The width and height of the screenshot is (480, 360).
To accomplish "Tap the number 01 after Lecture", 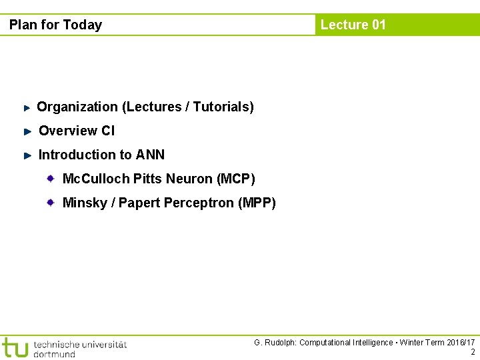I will [378, 25].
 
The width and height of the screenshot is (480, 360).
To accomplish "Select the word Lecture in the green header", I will [345, 25].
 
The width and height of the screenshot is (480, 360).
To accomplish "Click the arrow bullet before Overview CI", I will [27, 131].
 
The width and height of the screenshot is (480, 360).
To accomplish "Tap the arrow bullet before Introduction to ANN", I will [27, 155].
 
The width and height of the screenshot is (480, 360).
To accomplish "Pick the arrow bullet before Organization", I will [27, 107].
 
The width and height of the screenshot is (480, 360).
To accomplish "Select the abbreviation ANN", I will [150, 155].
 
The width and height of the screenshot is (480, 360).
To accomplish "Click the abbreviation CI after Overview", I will [108, 131].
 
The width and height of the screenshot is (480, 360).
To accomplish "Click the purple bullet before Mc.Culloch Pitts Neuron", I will [51, 178].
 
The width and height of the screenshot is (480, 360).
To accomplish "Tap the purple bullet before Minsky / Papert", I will [51, 202].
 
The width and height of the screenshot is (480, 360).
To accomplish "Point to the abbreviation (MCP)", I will [236, 179].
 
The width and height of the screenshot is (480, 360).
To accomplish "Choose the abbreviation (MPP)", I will [257, 203].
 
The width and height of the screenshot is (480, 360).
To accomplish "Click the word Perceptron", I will [199, 203].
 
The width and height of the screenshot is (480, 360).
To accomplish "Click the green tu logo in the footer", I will [15, 347].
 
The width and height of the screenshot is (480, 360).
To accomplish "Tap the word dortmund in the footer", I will [54, 353].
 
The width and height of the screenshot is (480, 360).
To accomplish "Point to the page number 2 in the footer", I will [473, 353].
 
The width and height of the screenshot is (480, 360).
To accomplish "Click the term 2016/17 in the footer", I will [460, 343].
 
